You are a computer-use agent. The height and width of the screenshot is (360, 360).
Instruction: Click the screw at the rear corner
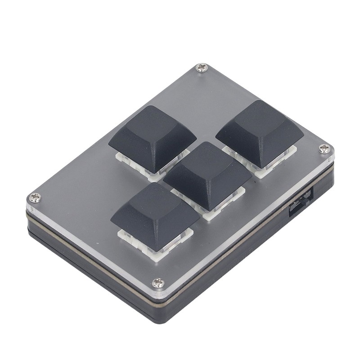(x=201, y=68)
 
